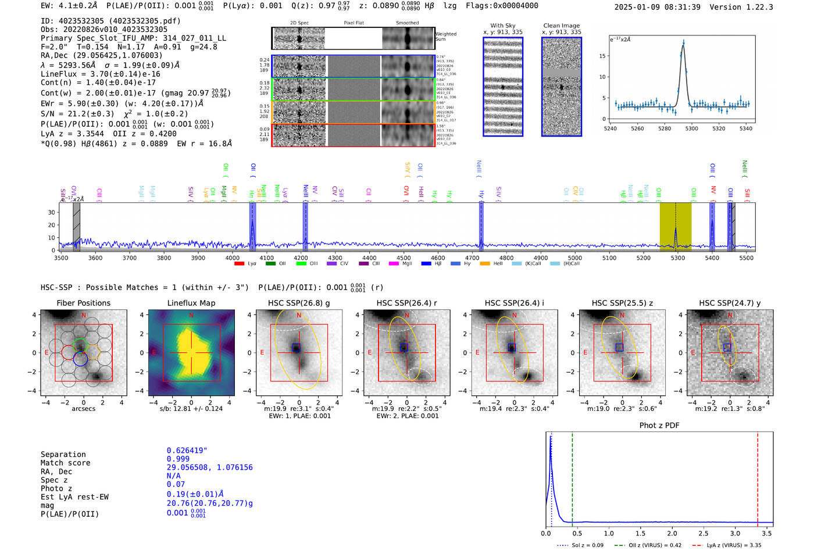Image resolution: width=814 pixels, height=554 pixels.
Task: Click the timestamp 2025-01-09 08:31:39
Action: [x=657, y=7]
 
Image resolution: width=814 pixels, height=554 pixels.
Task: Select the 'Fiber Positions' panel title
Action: [x=83, y=303]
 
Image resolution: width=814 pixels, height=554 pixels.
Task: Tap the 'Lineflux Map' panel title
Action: [x=191, y=303]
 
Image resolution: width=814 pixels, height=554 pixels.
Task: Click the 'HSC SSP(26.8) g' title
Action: [x=299, y=303]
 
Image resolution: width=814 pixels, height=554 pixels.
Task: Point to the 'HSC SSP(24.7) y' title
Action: [x=730, y=303]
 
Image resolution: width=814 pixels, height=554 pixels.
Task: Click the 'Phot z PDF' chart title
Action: [x=659, y=426]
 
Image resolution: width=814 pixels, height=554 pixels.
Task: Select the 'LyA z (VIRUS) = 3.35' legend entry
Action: [x=734, y=545]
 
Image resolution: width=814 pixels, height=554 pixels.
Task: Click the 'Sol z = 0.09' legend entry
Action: [x=588, y=545]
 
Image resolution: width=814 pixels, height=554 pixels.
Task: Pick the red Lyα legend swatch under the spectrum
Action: [x=239, y=264]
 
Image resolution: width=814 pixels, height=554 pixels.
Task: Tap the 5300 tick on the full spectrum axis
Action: [x=678, y=258]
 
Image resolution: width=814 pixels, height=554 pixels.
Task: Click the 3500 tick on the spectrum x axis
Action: [x=61, y=258]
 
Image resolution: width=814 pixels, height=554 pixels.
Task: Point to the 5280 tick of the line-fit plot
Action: [x=665, y=128]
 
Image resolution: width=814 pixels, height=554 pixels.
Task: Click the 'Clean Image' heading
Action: [x=561, y=26]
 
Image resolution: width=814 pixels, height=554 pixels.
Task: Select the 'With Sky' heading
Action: [x=503, y=26]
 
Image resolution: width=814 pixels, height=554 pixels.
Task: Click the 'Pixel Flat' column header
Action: [x=354, y=23]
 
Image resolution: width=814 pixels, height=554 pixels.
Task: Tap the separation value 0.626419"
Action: [x=187, y=451]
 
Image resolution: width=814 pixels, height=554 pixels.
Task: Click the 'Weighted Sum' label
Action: [x=446, y=37]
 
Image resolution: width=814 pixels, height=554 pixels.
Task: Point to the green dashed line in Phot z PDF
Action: [x=572, y=477]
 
